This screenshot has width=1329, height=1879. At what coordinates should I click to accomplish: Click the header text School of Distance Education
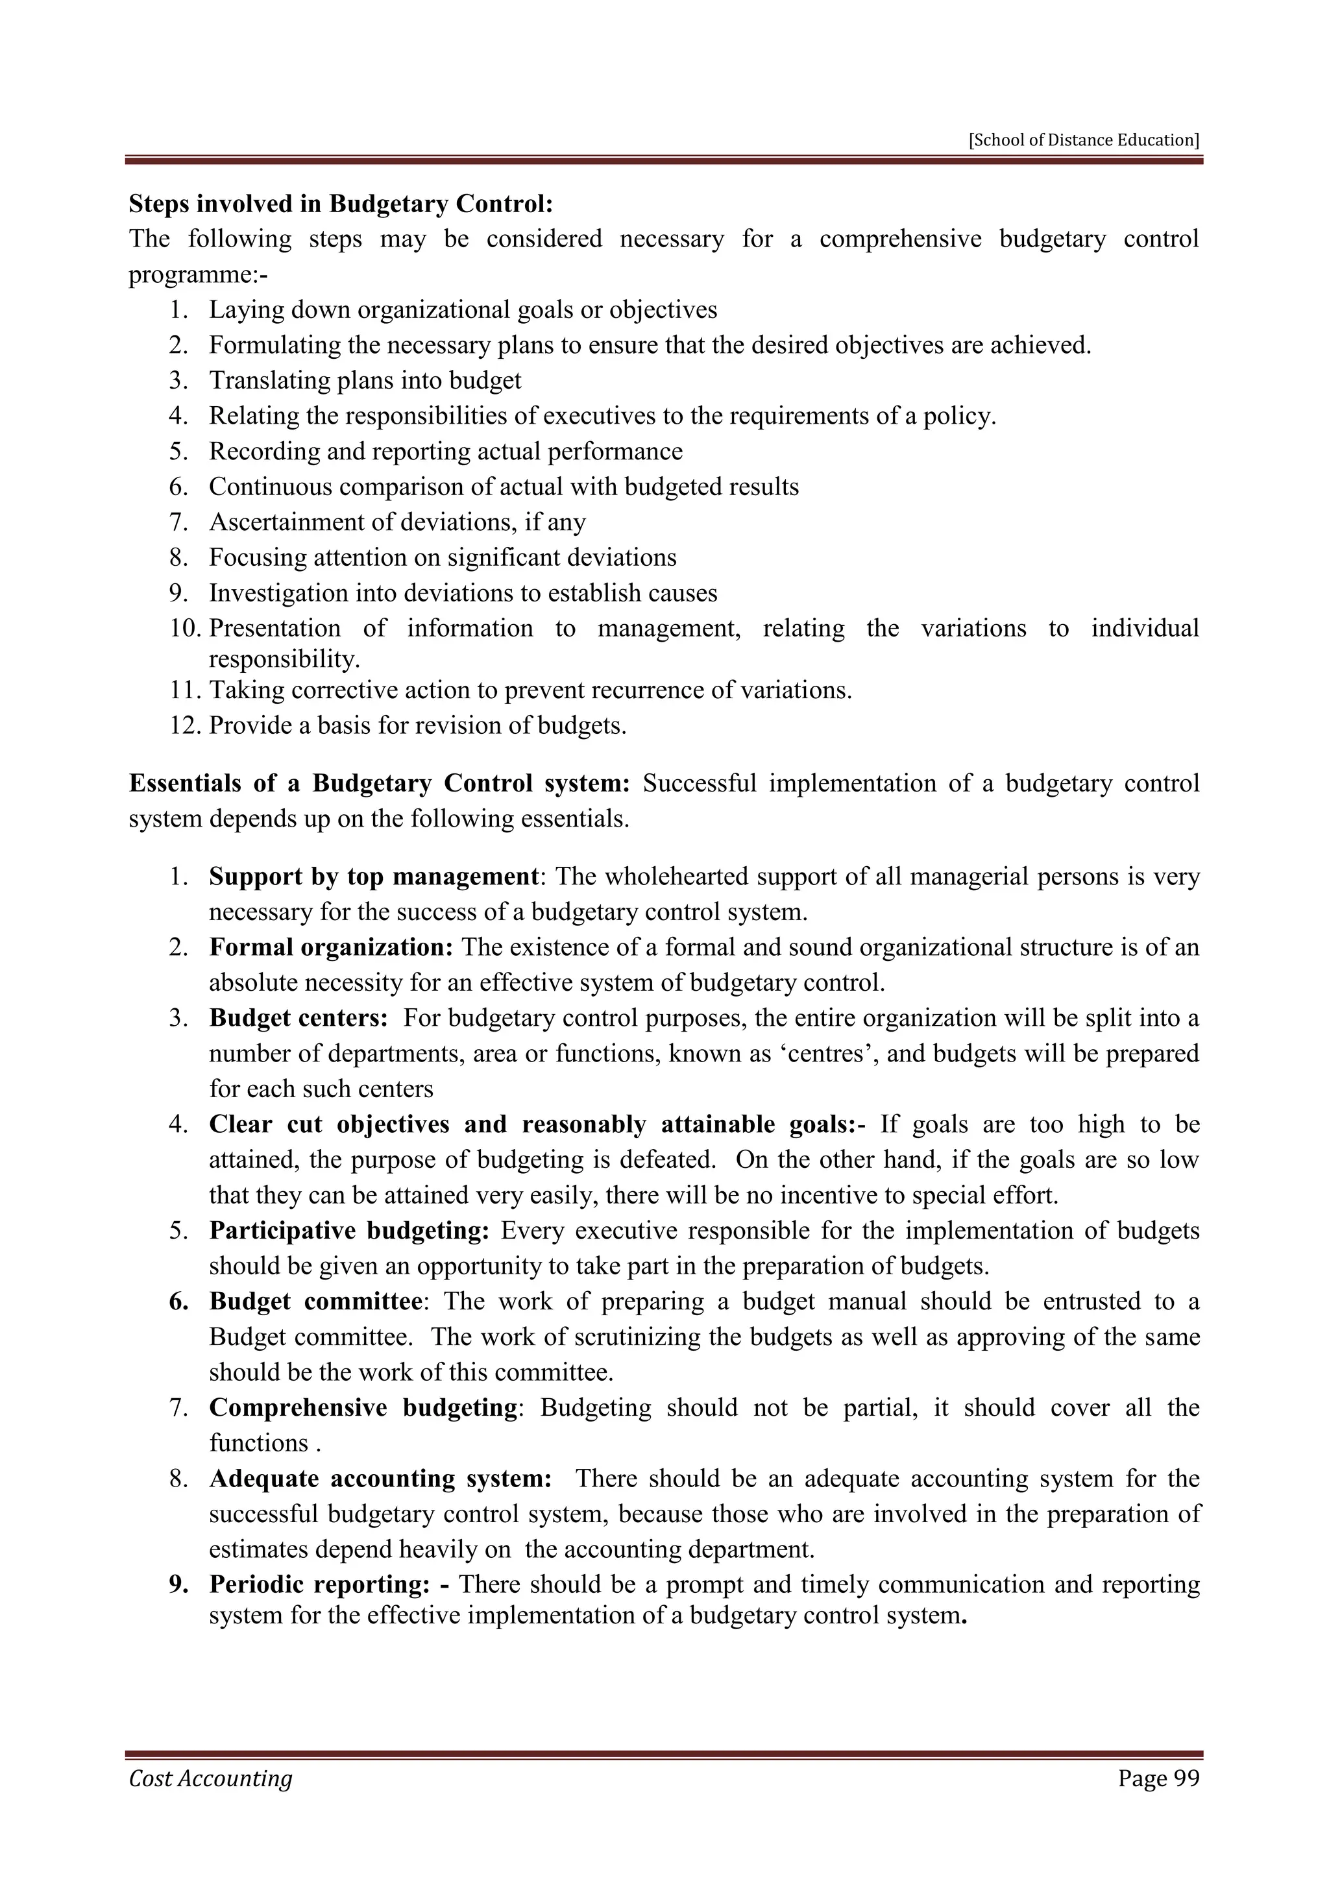1084,140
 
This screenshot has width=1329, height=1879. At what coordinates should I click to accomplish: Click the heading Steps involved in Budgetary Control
341,203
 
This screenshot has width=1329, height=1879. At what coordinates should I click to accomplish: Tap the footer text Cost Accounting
210,1778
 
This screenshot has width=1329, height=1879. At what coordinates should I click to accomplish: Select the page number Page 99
1158,1778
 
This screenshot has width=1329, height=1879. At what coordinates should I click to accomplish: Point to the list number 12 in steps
184,726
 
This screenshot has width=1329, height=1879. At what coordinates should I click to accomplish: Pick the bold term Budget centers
298,1018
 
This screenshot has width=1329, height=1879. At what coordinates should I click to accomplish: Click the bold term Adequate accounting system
380,1479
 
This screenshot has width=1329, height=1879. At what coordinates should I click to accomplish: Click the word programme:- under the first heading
198,274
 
